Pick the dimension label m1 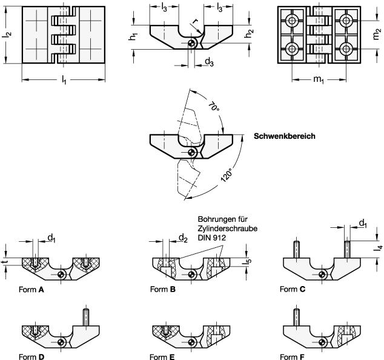tap(319, 81)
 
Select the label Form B tap(163, 290)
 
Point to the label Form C tap(293, 290)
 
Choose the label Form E tap(163, 357)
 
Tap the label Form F tap(293, 357)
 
